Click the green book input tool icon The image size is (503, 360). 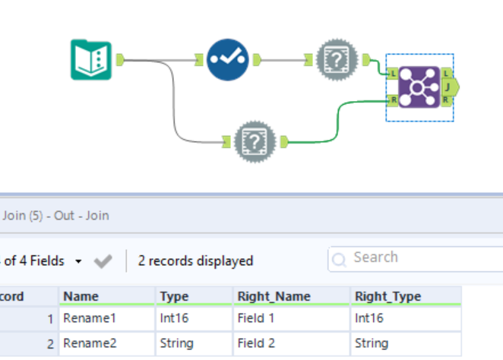(91, 59)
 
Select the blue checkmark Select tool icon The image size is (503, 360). (228, 59)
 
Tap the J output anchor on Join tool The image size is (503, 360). (449, 87)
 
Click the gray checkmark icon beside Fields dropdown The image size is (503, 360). (102, 261)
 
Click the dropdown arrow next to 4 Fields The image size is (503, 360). (79, 261)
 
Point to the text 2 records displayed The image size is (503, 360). (195, 261)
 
